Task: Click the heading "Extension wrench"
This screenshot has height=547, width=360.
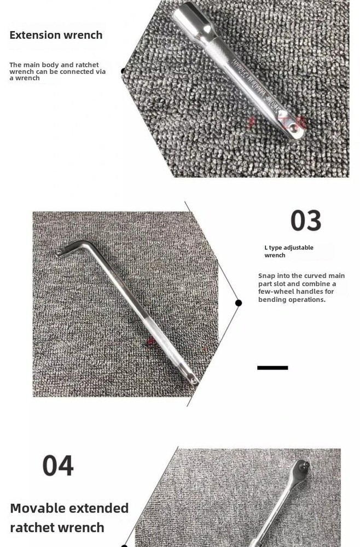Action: pos(56,35)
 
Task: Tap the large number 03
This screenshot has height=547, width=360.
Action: pos(305,220)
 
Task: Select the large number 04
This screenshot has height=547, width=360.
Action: pos(58,465)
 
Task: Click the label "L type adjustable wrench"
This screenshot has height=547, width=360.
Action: pos(289,251)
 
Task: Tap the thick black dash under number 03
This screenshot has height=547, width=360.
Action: pos(272,368)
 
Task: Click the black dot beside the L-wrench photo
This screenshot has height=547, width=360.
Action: pos(239,302)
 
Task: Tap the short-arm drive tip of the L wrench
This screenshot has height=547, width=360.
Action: pos(59,252)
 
